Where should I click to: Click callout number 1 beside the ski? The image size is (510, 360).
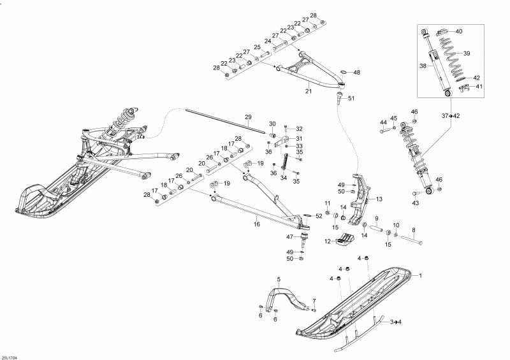tap(420, 275)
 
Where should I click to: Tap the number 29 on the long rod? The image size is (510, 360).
tap(248, 117)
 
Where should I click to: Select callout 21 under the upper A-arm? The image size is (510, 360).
tap(309, 92)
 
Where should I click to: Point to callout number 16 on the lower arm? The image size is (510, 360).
tap(257, 224)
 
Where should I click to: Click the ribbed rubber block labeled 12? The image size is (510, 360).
tap(346, 241)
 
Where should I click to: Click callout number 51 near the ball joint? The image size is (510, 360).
tap(351, 98)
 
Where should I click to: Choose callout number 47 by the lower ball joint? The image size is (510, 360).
tap(289, 237)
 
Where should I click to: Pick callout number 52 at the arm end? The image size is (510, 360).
tap(319, 216)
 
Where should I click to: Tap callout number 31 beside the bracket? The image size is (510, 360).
tap(299, 139)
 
